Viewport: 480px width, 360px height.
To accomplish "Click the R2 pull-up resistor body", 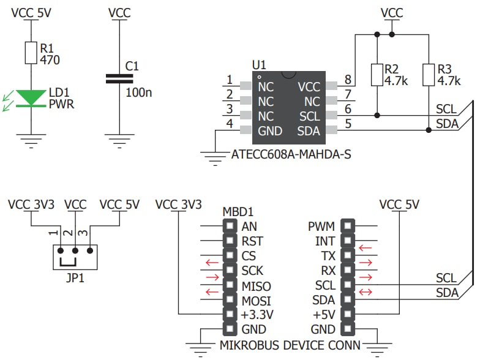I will (377, 75).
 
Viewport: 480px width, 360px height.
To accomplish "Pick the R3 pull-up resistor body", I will (428, 75).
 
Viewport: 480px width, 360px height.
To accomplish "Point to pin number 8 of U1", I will (348, 80).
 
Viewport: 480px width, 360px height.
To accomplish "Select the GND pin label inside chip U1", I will (270, 130).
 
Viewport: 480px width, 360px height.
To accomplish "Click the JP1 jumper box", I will (75, 257).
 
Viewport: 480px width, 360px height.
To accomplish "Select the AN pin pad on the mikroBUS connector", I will (230, 226).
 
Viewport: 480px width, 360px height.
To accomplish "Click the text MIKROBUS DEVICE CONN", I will (290, 345).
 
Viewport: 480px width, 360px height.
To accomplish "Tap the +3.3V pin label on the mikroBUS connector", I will (257, 315).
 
